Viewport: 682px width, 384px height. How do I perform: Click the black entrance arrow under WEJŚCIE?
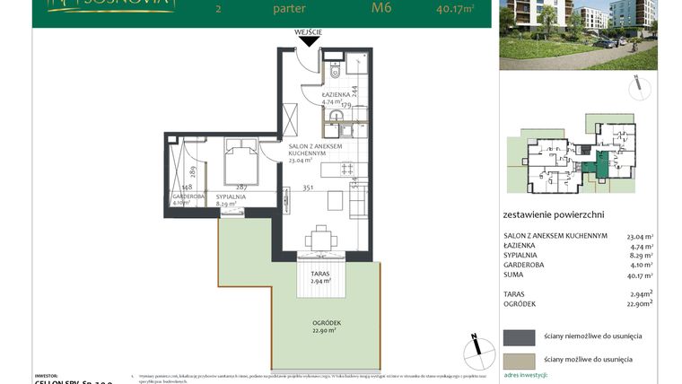click(x=308, y=41)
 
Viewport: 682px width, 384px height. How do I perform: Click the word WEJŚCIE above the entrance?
click(x=308, y=32)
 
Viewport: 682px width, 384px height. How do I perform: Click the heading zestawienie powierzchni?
click(x=555, y=215)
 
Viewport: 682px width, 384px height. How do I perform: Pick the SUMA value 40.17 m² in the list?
click(x=640, y=276)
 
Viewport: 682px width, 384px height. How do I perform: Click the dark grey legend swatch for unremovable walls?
click(x=518, y=336)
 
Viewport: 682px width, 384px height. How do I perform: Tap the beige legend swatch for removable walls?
click(x=518, y=359)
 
